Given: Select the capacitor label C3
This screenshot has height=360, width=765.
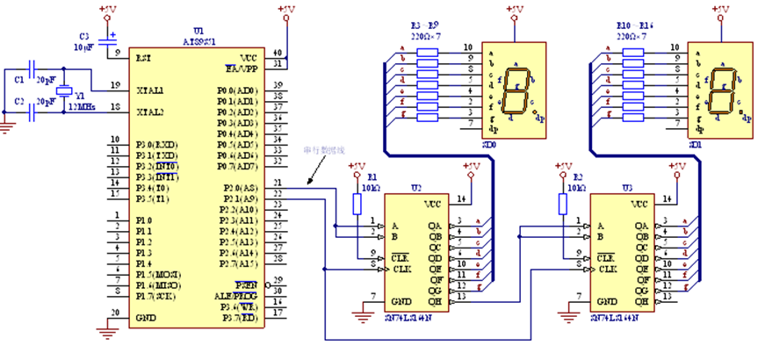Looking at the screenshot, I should coord(84,36).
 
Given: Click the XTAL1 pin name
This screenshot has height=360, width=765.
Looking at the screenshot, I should coord(150,90).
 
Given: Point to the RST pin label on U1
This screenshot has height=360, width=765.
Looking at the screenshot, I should coord(143,57).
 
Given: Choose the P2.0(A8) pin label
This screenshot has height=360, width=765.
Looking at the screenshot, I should coord(237,188).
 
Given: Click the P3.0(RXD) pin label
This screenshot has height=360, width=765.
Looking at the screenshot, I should coord(157,144).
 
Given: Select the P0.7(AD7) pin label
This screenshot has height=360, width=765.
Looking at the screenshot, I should coord(237,166).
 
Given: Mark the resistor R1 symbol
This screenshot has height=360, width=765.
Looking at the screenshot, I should coord(357,204).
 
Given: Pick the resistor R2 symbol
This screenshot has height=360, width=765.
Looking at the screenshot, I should coord(562,204).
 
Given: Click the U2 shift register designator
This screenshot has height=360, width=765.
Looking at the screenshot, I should coord(416,188).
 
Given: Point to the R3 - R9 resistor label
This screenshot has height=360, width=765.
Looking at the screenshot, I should coord(424,29).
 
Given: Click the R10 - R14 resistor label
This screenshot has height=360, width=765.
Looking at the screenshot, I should coord(631,29).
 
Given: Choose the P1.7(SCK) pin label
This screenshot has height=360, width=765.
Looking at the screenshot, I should coord(155,296).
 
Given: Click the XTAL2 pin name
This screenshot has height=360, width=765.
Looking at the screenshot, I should coord(150,112).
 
